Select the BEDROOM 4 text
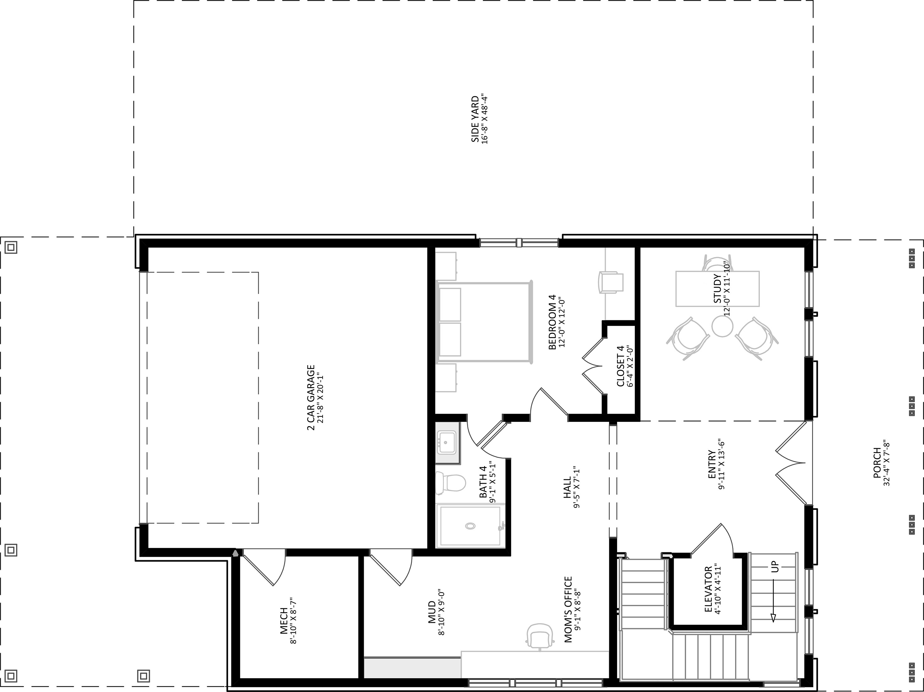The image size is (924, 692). coord(552,322)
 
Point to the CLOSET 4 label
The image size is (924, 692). coord(620,366)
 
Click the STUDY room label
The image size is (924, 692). coord(717,288)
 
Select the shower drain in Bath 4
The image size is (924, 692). coord(470,526)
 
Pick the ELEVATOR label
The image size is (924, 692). coord(708,589)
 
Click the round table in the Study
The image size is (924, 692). coord(722,326)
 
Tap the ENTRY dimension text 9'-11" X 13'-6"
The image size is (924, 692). coord(722,464)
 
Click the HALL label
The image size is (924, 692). coord(567,487)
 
